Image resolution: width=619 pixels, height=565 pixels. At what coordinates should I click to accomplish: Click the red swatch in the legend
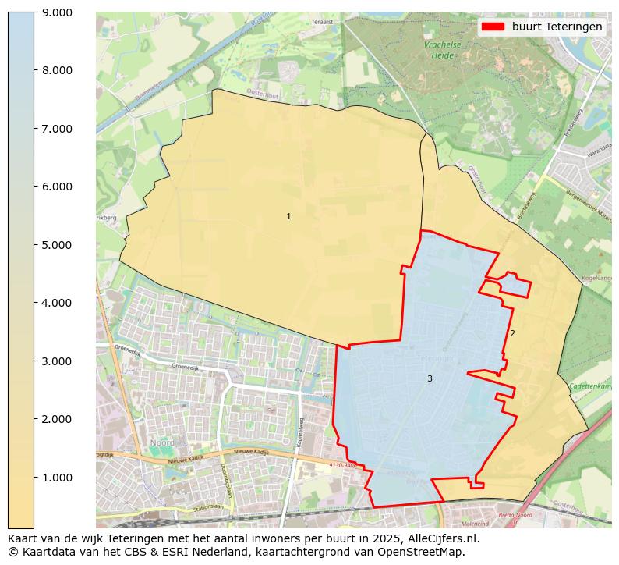493,27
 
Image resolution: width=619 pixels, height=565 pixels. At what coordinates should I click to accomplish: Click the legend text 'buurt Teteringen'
557,27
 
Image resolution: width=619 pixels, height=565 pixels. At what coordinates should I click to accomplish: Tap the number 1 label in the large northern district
288,216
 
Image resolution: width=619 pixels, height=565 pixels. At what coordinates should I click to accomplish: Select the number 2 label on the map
512,333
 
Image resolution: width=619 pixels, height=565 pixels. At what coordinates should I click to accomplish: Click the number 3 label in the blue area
430,378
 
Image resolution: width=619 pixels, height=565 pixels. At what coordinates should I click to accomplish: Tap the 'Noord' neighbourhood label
162,442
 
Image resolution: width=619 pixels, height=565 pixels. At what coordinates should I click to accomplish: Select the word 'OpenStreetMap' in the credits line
426,552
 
